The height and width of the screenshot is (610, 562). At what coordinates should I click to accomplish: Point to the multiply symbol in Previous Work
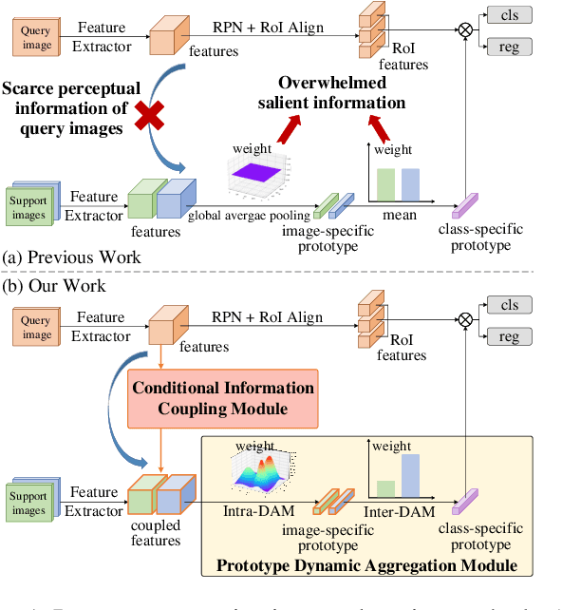[x=465, y=30]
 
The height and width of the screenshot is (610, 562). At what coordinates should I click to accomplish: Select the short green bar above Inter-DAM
[x=385, y=488]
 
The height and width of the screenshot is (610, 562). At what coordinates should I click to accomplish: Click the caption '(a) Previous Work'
[x=72, y=257]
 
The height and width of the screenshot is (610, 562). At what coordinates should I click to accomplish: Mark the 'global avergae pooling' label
[x=249, y=216]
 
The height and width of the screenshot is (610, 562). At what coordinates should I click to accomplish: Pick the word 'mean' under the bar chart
[x=400, y=216]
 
